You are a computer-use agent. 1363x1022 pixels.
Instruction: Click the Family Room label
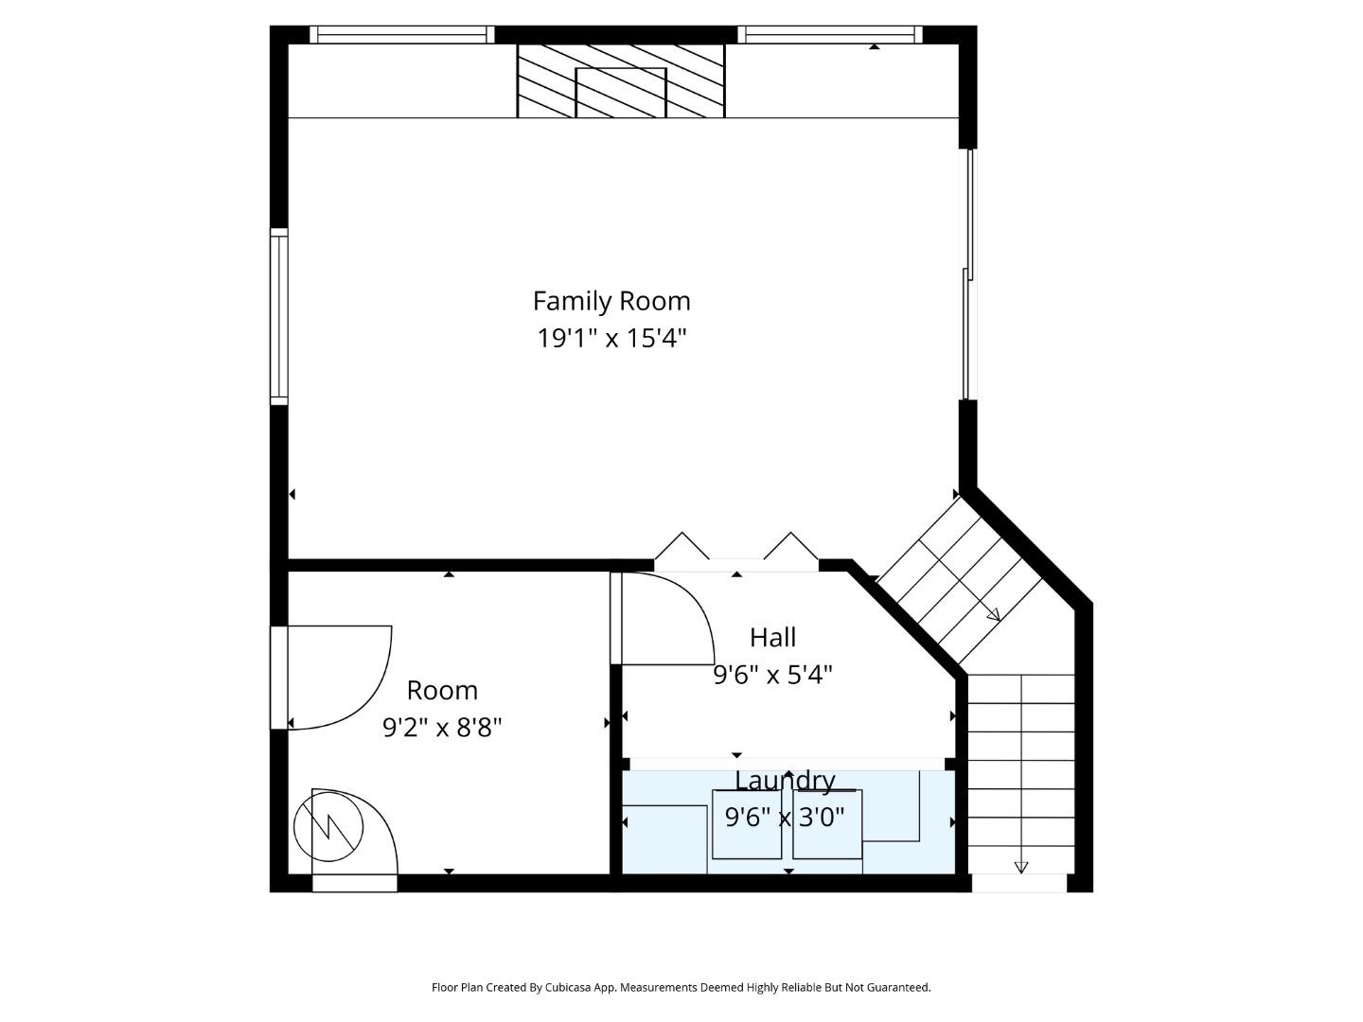pos(611,301)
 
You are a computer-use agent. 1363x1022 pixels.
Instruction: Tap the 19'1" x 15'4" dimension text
pos(611,338)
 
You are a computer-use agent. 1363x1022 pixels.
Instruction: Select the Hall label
pos(772,638)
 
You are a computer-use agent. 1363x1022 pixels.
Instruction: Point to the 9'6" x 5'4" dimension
pos(772,675)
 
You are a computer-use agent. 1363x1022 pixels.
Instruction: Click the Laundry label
pos(785,781)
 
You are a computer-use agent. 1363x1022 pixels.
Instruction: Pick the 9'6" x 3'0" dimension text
pos(785,817)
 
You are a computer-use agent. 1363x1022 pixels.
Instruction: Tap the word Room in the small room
pos(442,690)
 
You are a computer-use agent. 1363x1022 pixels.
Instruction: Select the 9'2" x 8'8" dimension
pos(442,728)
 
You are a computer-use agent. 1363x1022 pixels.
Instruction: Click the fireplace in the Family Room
pos(621,81)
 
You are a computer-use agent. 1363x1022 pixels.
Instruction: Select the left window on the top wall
pos(401,35)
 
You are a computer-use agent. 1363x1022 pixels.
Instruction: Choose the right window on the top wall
pos(830,35)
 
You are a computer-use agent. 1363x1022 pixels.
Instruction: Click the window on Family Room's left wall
pos(279,317)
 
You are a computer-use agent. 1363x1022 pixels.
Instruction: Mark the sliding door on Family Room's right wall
pos(968,274)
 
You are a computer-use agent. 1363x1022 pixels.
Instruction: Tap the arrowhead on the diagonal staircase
pos(993,615)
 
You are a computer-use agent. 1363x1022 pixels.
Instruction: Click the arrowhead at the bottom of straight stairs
pos(1021,867)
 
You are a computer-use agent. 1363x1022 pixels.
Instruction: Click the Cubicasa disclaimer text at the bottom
pos(681,987)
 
